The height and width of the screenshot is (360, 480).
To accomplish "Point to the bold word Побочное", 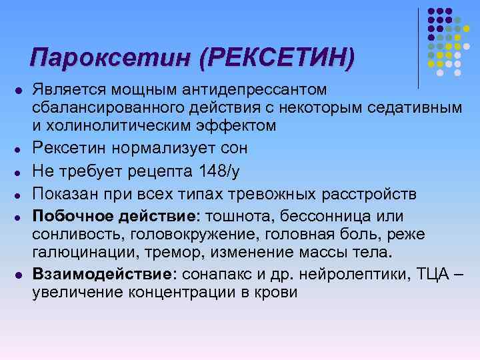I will tap(69, 216).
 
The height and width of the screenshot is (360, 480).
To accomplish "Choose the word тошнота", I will tap(237, 216).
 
